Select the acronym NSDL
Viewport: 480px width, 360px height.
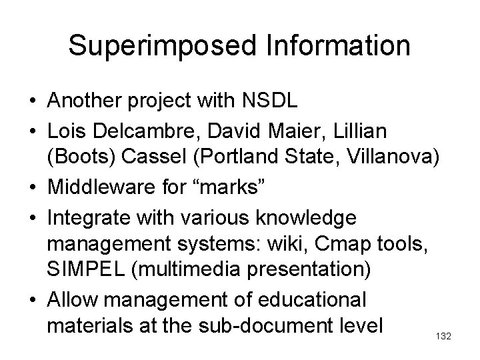point(271,102)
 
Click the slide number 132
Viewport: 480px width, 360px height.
point(443,337)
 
